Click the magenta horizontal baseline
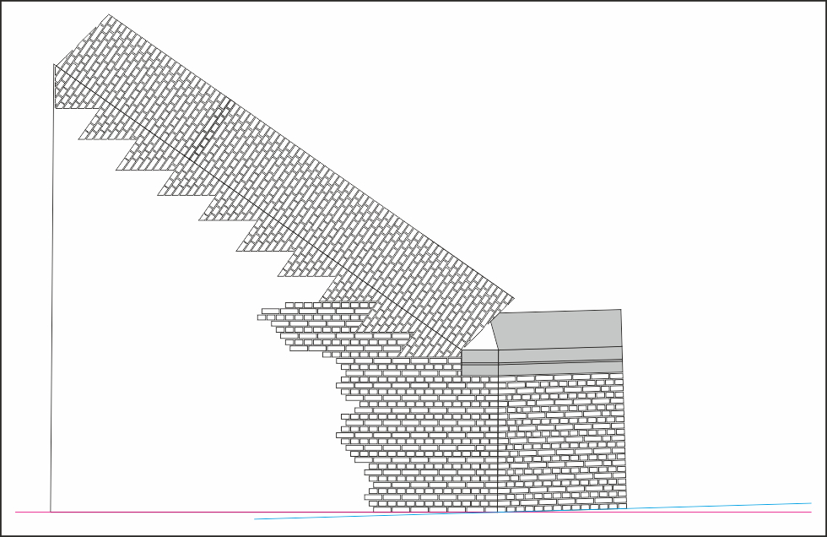point(169,512)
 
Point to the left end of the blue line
point(255,518)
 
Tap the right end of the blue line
point(811,503)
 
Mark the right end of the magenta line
point(812,512)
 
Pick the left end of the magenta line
point(15,512)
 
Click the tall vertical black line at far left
point(52,296)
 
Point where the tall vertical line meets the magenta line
point(51,512)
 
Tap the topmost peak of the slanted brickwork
point(110,14)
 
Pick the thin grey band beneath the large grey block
point(561,366)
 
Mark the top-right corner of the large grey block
point(621,310)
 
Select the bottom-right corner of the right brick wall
point(626,507)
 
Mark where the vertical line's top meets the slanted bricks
point(55,65)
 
